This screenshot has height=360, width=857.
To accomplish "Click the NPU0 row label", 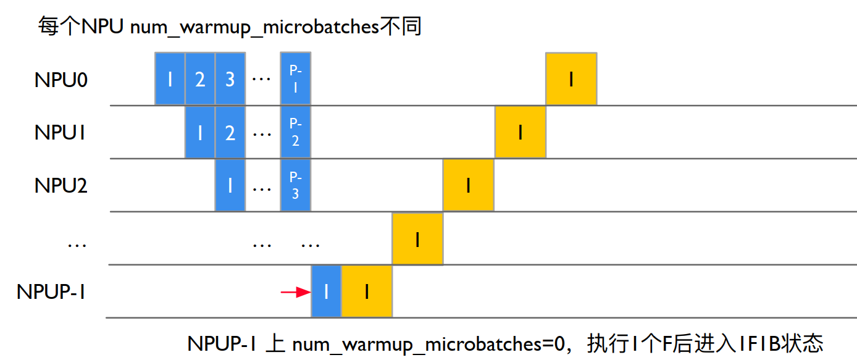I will tap(61, 79).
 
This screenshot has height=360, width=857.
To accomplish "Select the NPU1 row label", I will tap(61, 132).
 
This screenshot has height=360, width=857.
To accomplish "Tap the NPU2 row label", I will tap(61, 185).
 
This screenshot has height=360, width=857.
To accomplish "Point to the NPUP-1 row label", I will tap(51, 291).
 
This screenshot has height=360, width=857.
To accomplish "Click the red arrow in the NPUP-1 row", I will tap(295, 292).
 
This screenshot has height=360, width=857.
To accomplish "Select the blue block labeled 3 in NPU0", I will tap(230, 79).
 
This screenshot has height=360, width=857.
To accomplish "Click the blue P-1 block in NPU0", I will tap(295, 79).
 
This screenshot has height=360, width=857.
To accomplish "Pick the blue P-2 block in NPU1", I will tap(295, 132).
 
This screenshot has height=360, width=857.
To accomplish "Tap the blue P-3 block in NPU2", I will tap(295, 185).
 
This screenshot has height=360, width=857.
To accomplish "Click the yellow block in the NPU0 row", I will tap(571, 79).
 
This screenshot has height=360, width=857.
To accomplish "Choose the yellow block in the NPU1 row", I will tap(520, 132).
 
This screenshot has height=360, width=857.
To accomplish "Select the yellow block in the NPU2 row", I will tap(468, 185).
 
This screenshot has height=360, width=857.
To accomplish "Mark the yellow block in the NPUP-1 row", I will tap(367, 291).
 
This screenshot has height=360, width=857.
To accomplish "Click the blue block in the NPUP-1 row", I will tap(326, 291).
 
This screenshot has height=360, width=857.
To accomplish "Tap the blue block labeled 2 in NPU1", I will tap(230, 132).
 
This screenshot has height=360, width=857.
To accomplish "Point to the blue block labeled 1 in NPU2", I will tap(230, 185).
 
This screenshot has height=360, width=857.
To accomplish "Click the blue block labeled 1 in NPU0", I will tap(170, 79).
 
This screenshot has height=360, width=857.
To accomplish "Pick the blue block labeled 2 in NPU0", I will tap(200, 79).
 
